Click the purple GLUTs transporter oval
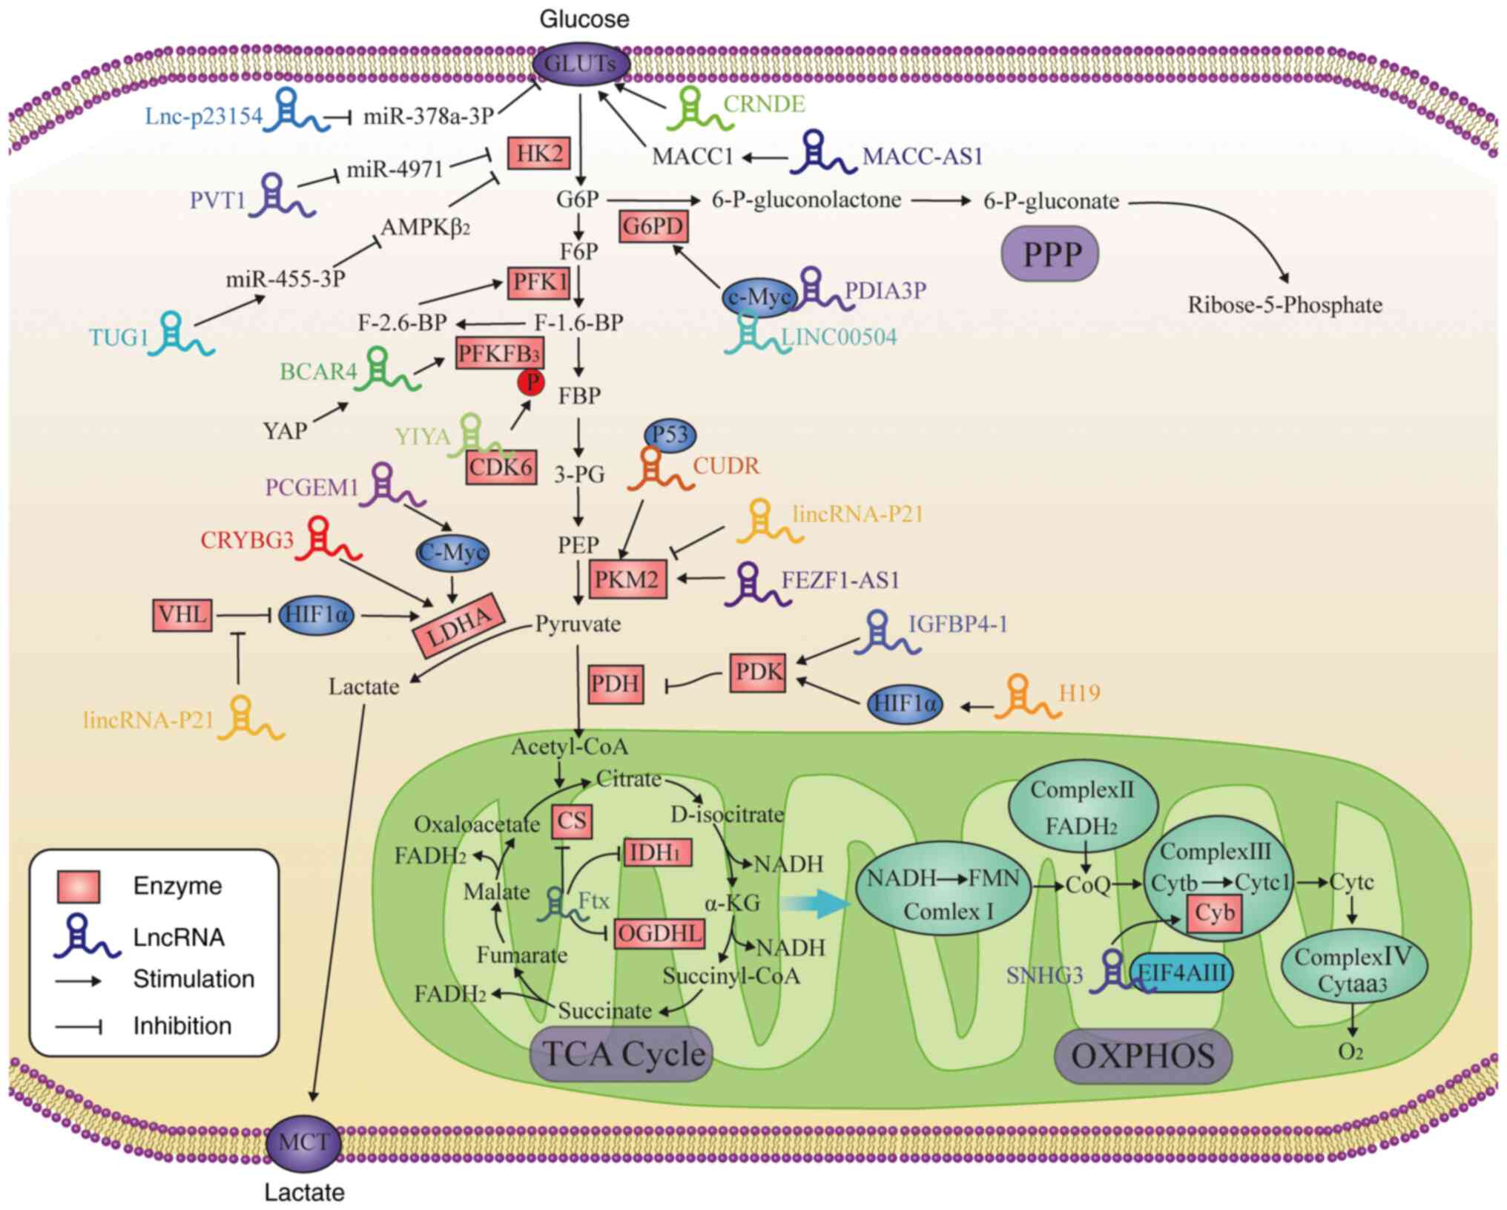581,64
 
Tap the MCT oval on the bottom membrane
303,1143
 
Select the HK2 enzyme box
539,154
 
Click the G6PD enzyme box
653,226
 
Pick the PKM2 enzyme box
627,579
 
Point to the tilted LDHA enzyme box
458,625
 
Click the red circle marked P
531,382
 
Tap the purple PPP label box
1049,254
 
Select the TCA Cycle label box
621,1054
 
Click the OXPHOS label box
1142,1056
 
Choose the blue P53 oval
670,434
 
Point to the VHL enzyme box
182,615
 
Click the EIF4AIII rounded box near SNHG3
1182,973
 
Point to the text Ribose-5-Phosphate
1285,305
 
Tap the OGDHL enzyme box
659,933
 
